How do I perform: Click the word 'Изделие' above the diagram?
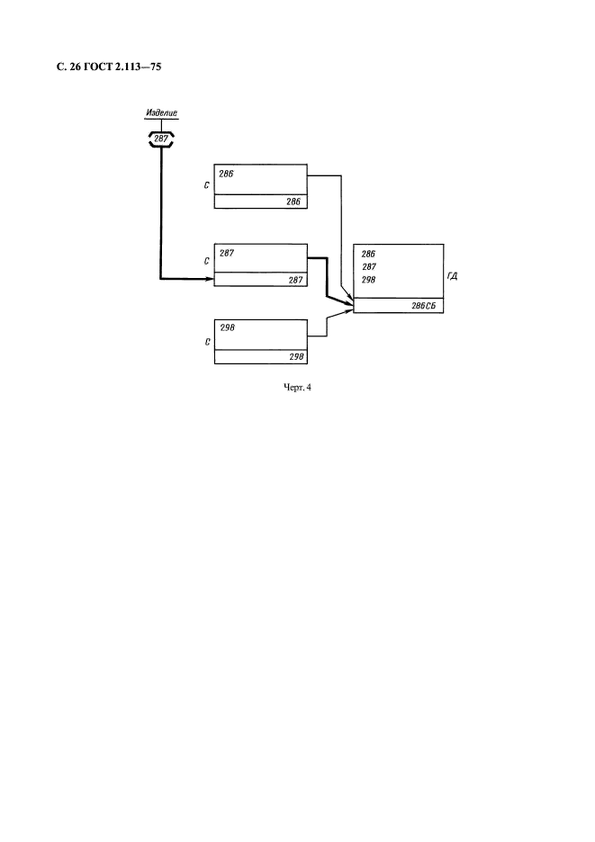tap(161, 114)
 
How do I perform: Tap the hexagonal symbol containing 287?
tap(161, 139)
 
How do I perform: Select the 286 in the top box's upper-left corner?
tap(226, 175)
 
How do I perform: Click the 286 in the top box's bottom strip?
tap(294, 202)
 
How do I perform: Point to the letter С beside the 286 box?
tap(206, 186)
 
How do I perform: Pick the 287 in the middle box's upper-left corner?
tap(226, 253)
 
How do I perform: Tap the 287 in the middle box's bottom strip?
tap(294, 281)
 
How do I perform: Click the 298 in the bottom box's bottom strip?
tap(295, 357)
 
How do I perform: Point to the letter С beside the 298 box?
tap(206, 342)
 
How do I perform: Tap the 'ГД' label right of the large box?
tap(452, 276)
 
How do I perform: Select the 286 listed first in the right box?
tap(368, 254)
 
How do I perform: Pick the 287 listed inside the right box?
tap(368, 267)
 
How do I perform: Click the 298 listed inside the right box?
tap(368, 281)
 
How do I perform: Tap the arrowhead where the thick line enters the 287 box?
tap(210, 279)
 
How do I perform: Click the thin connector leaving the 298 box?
tap(317, 337)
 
